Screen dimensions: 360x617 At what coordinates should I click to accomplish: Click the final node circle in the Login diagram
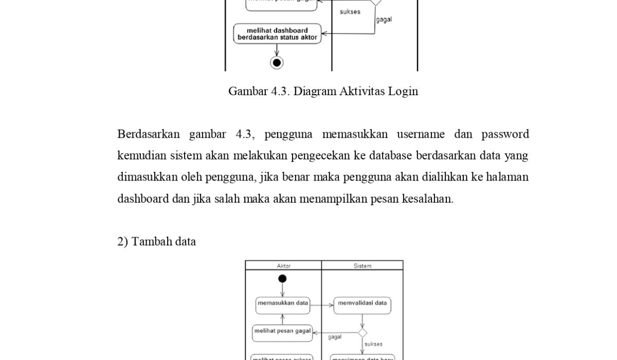tap(277, 63)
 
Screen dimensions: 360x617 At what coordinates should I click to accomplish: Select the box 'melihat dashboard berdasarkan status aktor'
tap(278, 34)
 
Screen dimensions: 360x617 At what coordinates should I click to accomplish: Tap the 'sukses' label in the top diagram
tap(350, 12)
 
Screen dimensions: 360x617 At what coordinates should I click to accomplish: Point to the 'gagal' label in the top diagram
tap(384, 20)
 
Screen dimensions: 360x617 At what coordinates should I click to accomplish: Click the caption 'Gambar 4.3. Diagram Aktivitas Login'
tap(323, 92)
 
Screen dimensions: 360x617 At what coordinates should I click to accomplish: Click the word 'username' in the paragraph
tap(421, 135)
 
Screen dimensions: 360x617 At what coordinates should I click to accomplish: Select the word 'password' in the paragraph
tap(505, 135)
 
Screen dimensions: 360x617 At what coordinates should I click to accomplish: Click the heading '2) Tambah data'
tap(156, 242)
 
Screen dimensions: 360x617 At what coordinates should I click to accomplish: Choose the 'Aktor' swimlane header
tap(284, 266)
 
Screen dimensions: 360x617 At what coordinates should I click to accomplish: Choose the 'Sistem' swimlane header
tap(362, 266)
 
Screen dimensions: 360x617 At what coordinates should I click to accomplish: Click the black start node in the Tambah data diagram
tap(282, 279)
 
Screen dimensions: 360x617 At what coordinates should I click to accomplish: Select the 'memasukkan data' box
tap(283, 303)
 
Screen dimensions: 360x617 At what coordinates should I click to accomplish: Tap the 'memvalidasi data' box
tap(362, 303)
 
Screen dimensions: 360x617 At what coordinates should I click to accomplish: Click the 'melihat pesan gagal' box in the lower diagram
tap(283, 331)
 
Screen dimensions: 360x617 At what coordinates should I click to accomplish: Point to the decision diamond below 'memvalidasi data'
tap(362, 333)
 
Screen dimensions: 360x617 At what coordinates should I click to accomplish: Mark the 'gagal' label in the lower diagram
tap(335, 337)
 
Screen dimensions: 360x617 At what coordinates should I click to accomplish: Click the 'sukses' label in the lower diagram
tap(373, 344)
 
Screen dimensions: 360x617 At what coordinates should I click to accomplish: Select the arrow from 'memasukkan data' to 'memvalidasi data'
tap(322, 305)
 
